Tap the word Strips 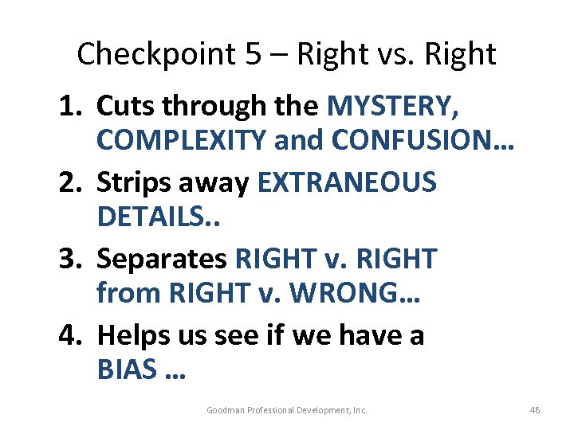point(132,182)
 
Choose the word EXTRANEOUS point(347,182)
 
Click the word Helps point(130,334)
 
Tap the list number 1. point(69,106)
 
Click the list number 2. point(69,182)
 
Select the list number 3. point(69,258)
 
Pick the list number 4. point(69,334)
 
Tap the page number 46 point(534,410)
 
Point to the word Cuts point(123,106)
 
